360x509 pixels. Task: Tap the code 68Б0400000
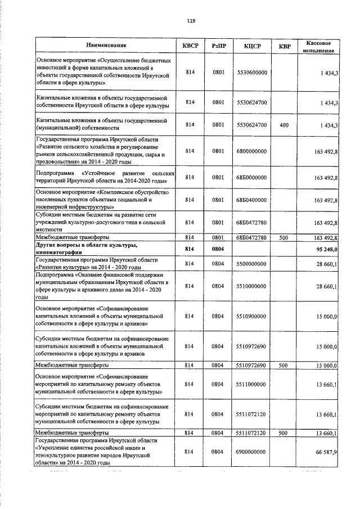(251, 200)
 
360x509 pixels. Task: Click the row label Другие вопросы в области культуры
(87, 245)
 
